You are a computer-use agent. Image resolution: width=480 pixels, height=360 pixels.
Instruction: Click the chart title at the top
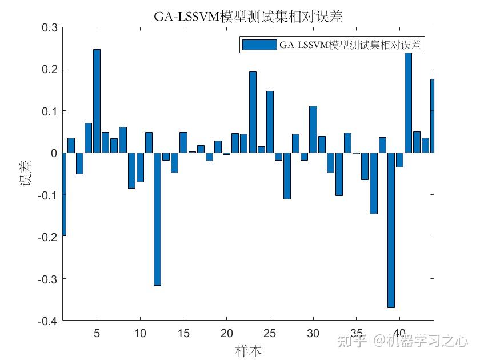pos(247,17)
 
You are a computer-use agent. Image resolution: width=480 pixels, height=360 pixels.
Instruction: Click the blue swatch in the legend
pos(259,45)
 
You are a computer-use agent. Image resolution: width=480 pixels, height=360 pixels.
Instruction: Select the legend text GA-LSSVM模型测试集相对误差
pos(350,45)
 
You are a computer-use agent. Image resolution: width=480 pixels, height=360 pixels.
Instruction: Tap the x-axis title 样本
pos(248,350)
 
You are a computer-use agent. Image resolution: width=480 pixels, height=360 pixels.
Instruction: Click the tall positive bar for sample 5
pos(97,101)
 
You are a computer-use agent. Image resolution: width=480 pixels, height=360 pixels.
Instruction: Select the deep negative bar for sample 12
pos(157,219)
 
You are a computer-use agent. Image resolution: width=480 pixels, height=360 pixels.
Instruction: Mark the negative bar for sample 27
pos(287,175)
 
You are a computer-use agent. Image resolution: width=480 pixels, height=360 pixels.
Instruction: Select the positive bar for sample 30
pos(313,129)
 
